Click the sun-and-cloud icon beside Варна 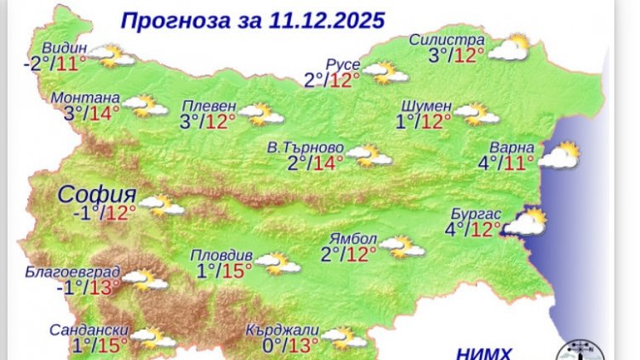(x=559, y=156)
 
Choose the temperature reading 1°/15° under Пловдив (x=224, y=271)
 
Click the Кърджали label (x=282, y=329)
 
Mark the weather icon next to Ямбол (x=401, y=247)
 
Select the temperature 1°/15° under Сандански (x=100, y=345)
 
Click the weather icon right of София (x=162, y=204)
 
